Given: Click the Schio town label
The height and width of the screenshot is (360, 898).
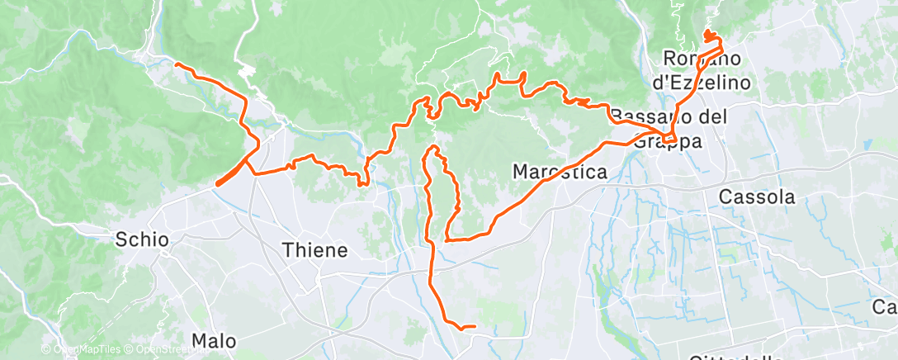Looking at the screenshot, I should pos(142,240).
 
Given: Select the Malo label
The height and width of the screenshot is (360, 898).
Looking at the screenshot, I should pos(214,340).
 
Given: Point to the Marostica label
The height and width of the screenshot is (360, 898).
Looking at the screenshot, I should pos(560,173).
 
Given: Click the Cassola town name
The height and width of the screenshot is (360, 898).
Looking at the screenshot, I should pos(757,197).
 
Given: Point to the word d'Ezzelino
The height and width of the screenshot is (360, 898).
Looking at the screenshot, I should pos(702,83).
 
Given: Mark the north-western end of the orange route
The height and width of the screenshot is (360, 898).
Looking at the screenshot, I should pos(177,64).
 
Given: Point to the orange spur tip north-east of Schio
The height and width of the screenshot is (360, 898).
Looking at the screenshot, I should pos(217,184).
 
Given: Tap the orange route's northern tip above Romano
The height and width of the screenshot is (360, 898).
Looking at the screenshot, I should pos(707,32).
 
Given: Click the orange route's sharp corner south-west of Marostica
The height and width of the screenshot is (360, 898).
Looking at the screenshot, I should pos(446,239).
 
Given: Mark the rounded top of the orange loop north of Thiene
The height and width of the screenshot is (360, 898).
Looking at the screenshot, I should pos(432,148).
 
